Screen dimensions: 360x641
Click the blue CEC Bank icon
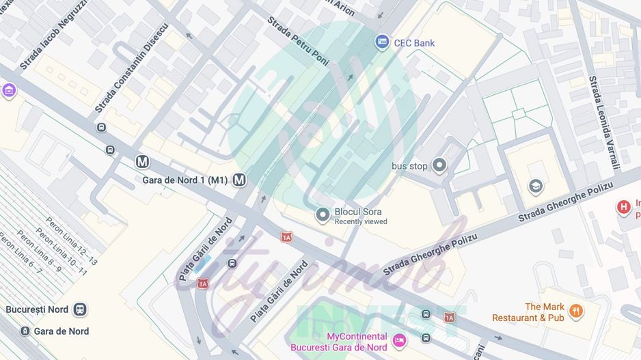[383, 42]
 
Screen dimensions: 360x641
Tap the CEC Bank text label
[414, 43]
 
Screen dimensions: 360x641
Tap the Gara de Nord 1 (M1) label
[185, 180]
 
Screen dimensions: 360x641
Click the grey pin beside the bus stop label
[439, 165]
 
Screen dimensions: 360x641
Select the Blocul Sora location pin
[323, 216]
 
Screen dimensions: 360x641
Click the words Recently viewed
[361, 221]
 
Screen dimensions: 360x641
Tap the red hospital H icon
[623, 206]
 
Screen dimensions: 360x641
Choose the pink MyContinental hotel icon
[399, 340]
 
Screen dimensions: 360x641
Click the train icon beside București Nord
[81, 309]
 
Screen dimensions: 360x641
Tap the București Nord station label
[37, 309]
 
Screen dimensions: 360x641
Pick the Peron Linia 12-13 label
[72, 240]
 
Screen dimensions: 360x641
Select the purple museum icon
[9, 90]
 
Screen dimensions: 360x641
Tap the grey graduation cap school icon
[536, 184]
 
